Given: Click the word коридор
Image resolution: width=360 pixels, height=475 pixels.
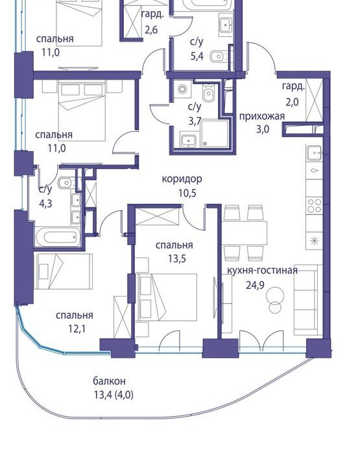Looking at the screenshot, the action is click(x=182, y=179).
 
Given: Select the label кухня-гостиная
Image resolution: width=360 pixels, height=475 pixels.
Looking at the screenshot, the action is click(x=262, y=270).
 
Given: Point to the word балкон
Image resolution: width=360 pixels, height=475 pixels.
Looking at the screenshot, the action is click(x=109, y=381).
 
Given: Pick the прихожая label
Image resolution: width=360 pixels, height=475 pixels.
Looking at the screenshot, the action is click(x=262, y=117).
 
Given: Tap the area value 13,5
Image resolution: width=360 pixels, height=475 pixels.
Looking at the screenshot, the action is click(x=177, y=259).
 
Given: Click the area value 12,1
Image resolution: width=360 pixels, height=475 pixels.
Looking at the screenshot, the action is click(x=77, y=329).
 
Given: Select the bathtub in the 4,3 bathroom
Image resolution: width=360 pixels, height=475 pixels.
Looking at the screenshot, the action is click(x=58, y=237).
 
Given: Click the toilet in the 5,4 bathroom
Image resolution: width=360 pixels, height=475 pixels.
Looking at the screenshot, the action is click(x=219, y=56).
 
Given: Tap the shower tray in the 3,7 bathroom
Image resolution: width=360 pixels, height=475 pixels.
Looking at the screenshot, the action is click(x=214, y=134).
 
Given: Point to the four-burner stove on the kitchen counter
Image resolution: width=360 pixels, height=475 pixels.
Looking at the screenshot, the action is click(x=314, y=205).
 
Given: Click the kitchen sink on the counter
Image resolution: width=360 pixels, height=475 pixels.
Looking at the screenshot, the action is click(x=314, y=152).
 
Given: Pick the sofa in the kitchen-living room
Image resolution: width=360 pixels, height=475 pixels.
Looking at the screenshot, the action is click(x=306, y=300).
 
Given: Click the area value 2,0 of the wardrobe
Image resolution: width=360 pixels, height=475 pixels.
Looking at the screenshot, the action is click(x=292, y=102).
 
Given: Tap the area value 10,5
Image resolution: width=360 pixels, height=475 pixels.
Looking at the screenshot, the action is click(x=187, y=192).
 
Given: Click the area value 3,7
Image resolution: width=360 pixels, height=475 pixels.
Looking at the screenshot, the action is click(x=195, y=121).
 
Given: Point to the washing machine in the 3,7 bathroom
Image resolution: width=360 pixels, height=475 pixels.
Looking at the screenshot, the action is click(x=182, y=89).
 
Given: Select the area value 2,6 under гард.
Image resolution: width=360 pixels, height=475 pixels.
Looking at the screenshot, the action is click(x=151, y=30).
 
